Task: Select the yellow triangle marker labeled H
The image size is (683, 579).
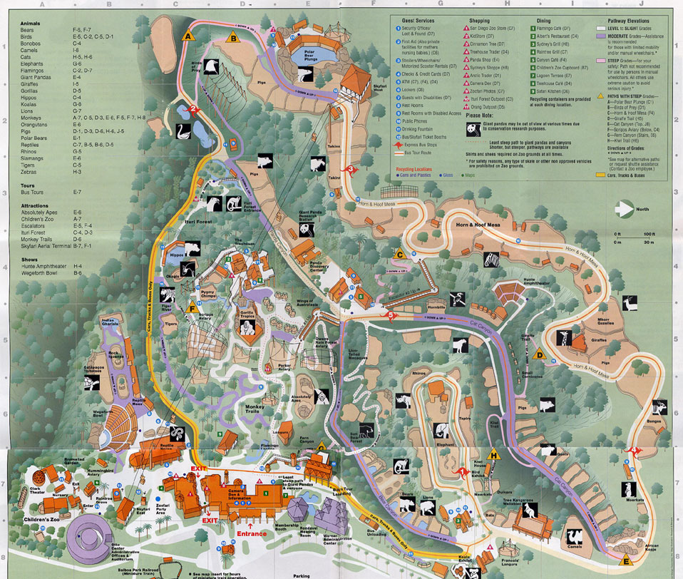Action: point(492,454)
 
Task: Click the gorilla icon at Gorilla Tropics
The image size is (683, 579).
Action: point(247,328)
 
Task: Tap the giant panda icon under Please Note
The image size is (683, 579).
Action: point(473,129)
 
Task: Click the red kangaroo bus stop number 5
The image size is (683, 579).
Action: point(390,313)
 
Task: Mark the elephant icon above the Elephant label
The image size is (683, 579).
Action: point(441,429)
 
